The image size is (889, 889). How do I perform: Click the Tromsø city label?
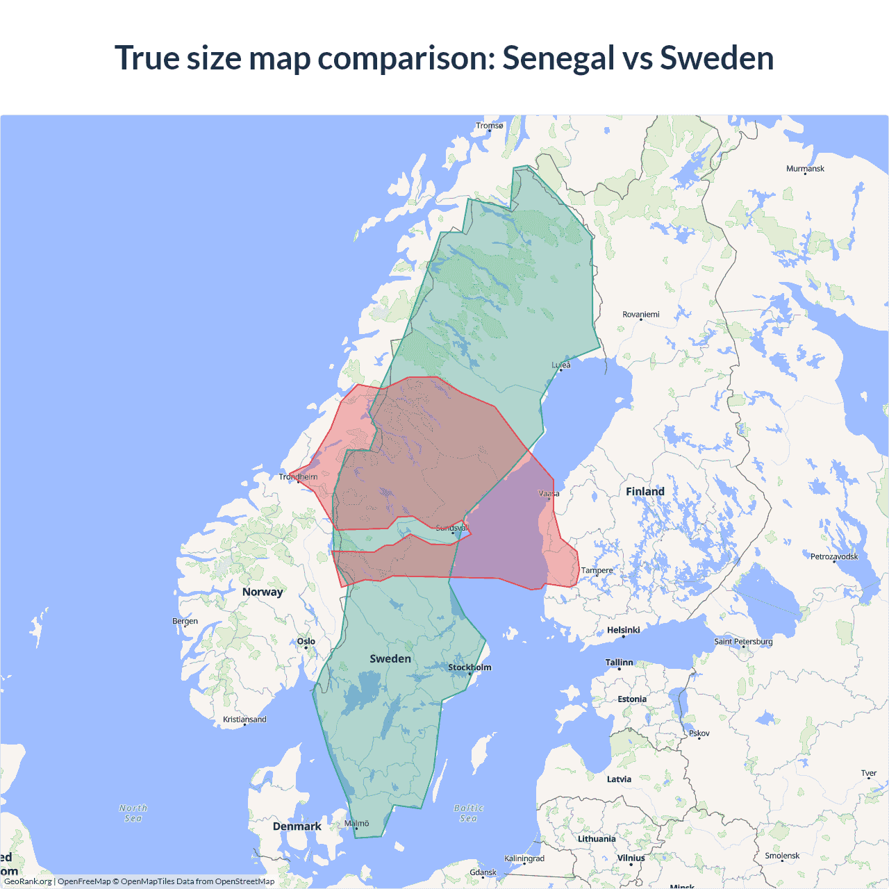tap(490, 126)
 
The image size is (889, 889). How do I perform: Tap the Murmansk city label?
tap(805, 169)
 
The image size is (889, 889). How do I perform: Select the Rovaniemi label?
tap(641, 315)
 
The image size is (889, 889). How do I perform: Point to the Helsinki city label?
tap(624, 630)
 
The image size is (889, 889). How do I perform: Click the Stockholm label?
tap(470, 667)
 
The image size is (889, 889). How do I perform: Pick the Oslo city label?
tap(306, 642)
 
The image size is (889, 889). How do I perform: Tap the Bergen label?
tap(185, 621)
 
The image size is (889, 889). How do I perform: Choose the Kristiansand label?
tap(244, 720)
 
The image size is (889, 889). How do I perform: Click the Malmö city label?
tap(357, 824)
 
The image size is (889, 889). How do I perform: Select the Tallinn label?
tap(620, 663)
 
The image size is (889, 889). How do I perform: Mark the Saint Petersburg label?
tap(743, 642)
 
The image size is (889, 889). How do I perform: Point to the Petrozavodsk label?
tap(834, 556)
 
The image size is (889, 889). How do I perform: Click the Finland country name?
tap(645, 492)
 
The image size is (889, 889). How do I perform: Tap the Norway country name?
tap(263, 592)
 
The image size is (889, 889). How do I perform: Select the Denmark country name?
tap(297, 826)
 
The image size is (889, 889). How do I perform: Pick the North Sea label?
tap(133, 813)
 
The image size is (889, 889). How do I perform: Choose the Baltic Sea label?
tap(469, 813)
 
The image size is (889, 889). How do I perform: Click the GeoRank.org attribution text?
tap(28, 881)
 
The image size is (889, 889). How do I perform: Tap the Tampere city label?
tap(597, 571)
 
